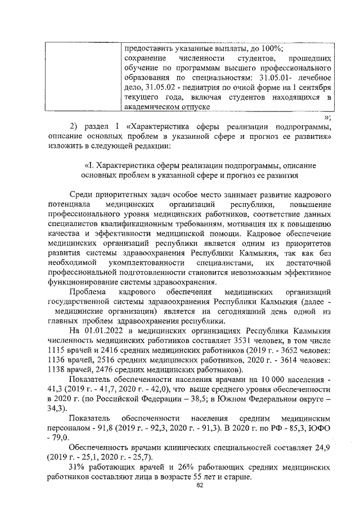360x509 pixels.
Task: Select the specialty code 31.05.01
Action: point(263,76)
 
